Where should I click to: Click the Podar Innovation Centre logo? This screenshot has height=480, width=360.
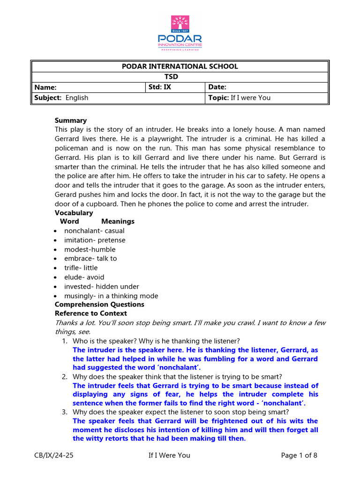coord(180,32)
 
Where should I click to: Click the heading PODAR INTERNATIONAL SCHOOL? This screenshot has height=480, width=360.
coord(180,66)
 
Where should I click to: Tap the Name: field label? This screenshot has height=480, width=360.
coord(45,87)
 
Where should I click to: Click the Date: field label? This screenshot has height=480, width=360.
coord(217,87)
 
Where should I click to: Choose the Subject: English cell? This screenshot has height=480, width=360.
coord(61,97)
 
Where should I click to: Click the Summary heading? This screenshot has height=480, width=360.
coord(71,120)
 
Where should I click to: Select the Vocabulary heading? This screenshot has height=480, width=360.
coord(74,213)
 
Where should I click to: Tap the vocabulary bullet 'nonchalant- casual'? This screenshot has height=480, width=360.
coord(94,231)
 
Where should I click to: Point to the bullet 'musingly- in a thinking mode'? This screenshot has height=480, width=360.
coord(111,296)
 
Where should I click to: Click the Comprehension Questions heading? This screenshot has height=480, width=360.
coord(99,304)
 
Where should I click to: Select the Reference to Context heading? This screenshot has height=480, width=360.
coord(90,313)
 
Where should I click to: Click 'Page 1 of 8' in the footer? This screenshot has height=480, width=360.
coord(299,455)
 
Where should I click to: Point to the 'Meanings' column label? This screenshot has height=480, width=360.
coord(118,221)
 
